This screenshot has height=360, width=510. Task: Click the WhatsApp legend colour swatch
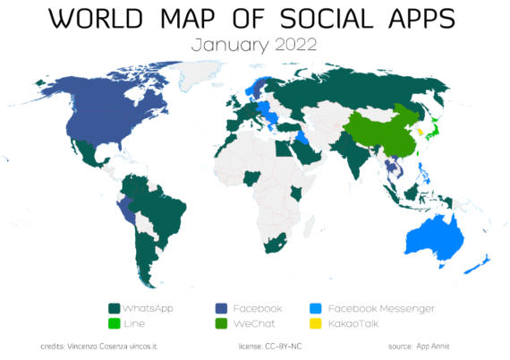(x=114, y=308)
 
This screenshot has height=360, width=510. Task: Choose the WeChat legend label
(x=254, y=322)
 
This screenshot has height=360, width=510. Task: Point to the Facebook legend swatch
(x=219, y=308)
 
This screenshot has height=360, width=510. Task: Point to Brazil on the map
(x=161, y=215)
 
